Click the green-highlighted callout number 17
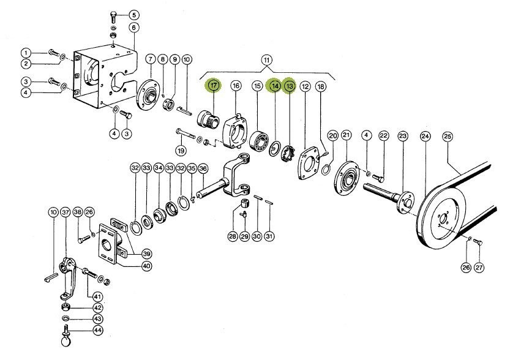pyautogui.click(x=214, y=86)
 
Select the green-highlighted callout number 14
pyautogui.click(x=275, y=86)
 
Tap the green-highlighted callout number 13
pyautogui.click(x=290, y=86)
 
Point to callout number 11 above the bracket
pyautogui.click(x=266, y=60)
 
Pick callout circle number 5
pyautogui.click(x=134, y=14)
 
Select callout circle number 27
pyautogui.click(x=479, y=267)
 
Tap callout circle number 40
pyautogui.click(x=146, y=265)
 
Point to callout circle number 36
pyautogui.click(x=203, y=168)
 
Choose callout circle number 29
pyautogui.click(x=244, y=236)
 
